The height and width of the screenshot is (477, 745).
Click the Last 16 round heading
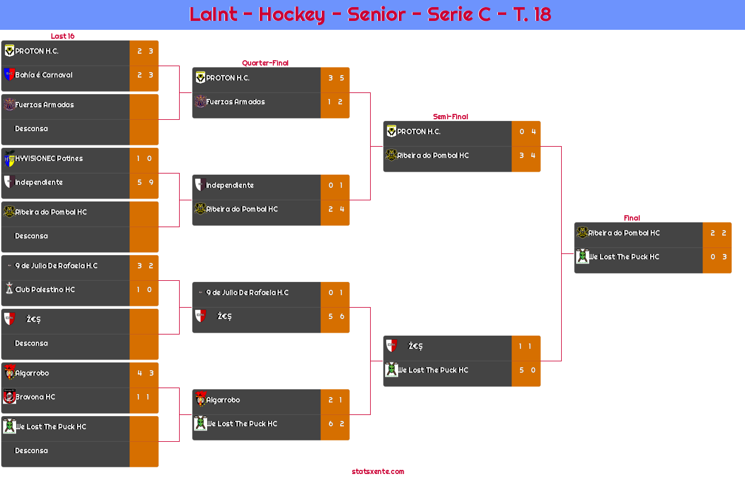click(x=63, y=36)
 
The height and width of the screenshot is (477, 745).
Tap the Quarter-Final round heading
click(x=265, y=63)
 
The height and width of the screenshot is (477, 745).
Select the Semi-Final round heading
click(x=450, y=117)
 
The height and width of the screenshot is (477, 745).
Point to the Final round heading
click(x=632, y=218)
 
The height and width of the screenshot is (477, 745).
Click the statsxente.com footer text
click(x=378, y=472)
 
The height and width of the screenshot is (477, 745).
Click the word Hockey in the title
click(x=291, y=15)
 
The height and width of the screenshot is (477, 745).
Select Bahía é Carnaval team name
click(x=44, y=75)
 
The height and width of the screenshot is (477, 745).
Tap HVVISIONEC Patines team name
click(x=49, y=159)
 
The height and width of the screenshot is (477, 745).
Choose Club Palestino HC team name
click(x=45, y=290)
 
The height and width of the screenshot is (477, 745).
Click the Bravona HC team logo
click(x=10, y=397)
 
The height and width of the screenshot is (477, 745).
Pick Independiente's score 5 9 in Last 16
click(x=145, y=182)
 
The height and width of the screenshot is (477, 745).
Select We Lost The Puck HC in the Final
click(x=624, y=257)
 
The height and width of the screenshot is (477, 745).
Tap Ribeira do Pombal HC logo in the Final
click(x=582, y=232)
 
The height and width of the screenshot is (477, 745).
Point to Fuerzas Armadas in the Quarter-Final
click(x=235, y=102)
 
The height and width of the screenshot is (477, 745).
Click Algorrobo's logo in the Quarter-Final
click(x=201, y=399)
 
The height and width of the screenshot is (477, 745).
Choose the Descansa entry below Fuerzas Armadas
click(x=31, y=129)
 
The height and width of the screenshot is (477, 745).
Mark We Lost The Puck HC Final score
click(x=718, y=257)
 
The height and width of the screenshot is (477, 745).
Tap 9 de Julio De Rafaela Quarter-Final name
click(x=248, y=293)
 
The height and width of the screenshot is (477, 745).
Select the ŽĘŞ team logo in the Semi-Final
click(x=392, y=345)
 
